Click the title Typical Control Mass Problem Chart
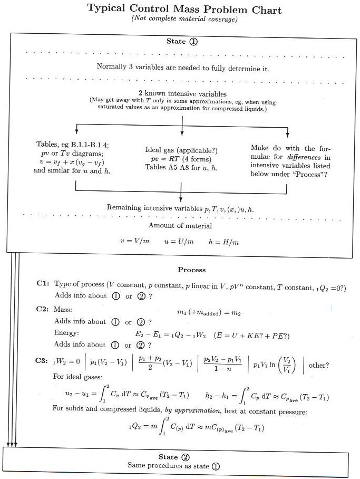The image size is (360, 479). click(x=184, y=9)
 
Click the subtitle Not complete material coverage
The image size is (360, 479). click(x=184, y=20)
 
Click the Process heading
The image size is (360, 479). click(x=191, y=270)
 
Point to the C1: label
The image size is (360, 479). click(x=43, y=284)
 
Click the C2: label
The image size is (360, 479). click(x=43, y=310)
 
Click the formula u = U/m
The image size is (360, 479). click(x=179, y=242)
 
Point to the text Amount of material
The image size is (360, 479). click(x=180, y=226)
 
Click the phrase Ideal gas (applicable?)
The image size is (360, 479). click(x=181, y=150)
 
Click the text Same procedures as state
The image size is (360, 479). click(x=169, y=466)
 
